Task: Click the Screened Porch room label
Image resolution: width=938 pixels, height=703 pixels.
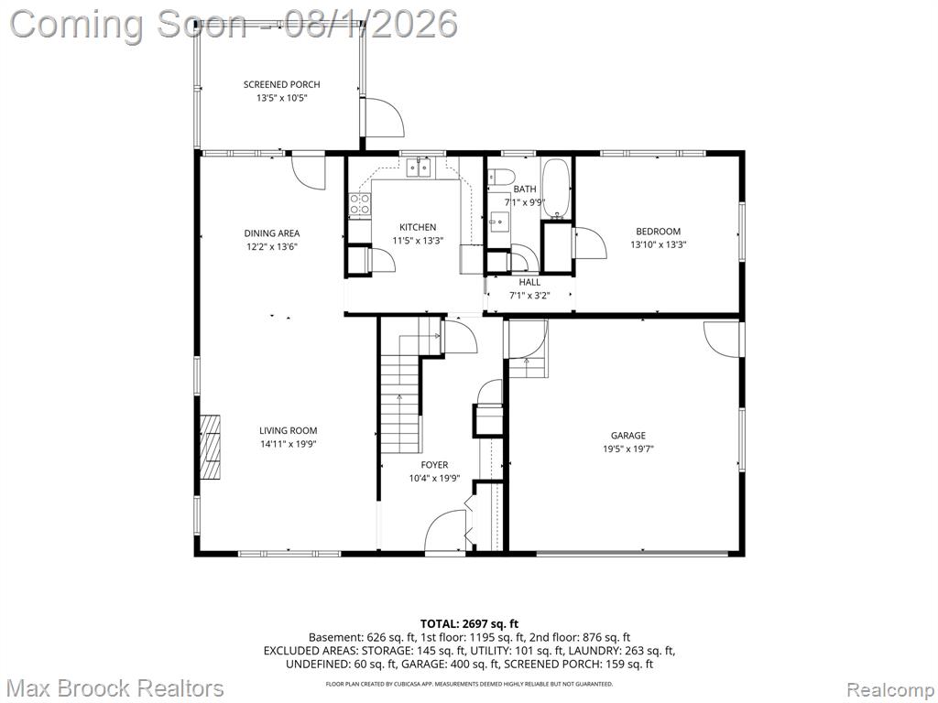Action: pyautogui.click(x=281, y=84)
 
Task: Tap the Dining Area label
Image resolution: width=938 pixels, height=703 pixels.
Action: pyautogui.click(x=271, y=233)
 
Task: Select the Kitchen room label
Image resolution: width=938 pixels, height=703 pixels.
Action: pyautogui.click(x=418, y=227)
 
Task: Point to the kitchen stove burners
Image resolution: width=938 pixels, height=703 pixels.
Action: pyautogui.click(x=359, y=204)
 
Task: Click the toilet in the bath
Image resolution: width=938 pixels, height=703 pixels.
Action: pyautogui.click(x=501, y=177)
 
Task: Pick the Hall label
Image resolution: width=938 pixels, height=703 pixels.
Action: pyautogui.click(x=529, y=282)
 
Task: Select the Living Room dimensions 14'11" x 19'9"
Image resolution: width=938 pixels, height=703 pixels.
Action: pyautogui.click(x=289, y=444)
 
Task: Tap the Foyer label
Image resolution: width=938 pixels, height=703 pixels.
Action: pyautogui.click(x=434, y=465)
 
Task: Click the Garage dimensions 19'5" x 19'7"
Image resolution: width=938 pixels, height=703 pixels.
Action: pyautogui.click(x=628, y=449)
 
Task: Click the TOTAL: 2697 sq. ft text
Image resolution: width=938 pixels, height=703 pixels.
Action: pyautogui.click(x=469, y=624)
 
